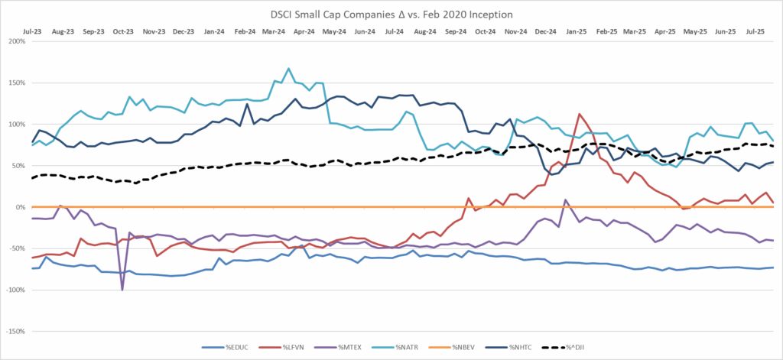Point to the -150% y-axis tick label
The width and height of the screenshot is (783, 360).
[x=16, y=332]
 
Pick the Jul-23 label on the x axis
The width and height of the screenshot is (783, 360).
[x=33, y=32]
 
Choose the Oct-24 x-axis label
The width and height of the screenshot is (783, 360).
[x=484, y=32]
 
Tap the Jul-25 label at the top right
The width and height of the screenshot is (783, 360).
[x=755, y=32]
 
